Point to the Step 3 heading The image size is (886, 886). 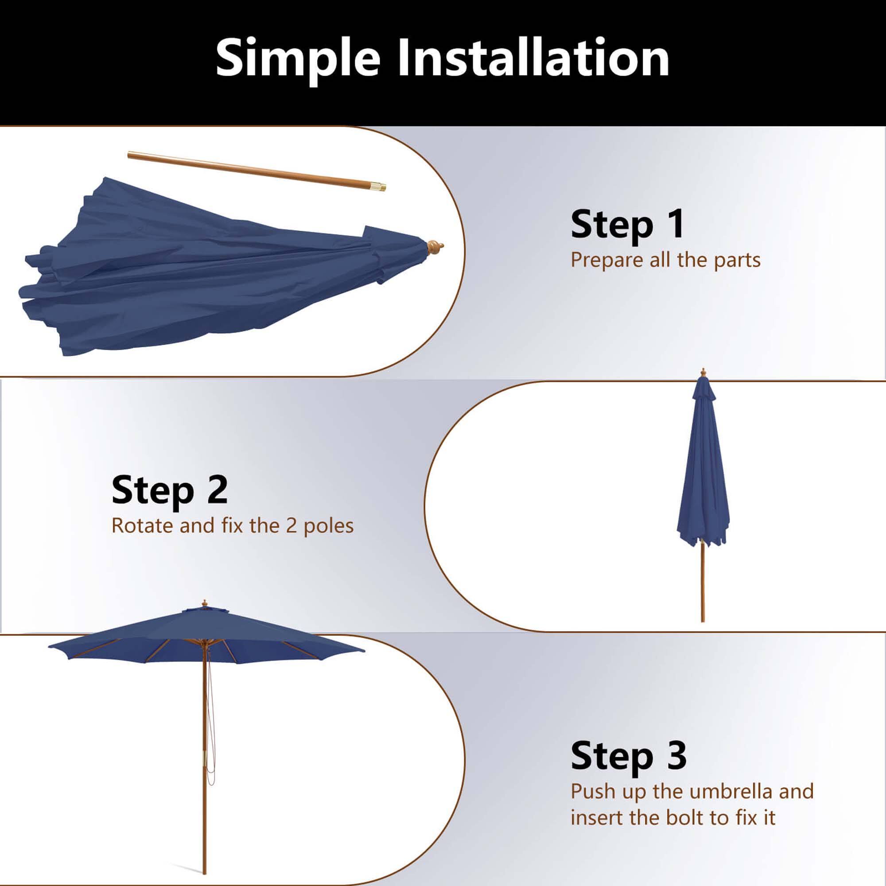point(628,756)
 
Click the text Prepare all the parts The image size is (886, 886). point(665,260)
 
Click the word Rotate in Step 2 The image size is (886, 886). point(142,525)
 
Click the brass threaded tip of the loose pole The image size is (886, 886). point(380,186)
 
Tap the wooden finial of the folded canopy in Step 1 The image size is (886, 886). point(435,248)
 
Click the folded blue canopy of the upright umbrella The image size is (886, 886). point(703,477)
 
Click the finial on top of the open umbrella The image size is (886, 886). point(205,602)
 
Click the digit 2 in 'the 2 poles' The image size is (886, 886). point(291,525)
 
